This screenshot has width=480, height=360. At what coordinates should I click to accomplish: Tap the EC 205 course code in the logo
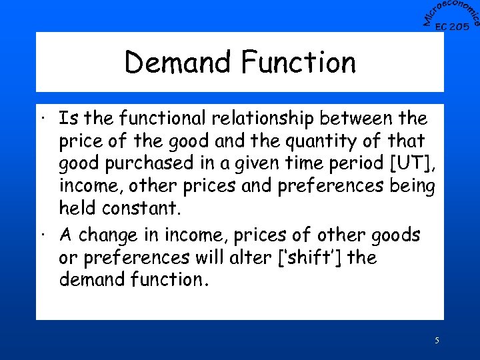click(x=452, y=27)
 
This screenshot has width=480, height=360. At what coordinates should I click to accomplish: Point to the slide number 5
click(x=437, y=341)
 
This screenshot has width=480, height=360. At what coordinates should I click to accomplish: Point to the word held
click(x=78, y=208)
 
